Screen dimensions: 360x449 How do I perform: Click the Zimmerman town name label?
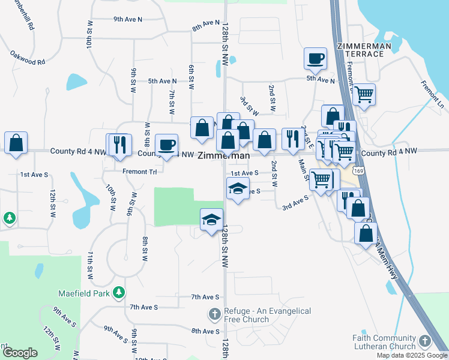pos(223,155)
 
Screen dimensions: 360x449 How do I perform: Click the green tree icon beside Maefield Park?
pos(119,292)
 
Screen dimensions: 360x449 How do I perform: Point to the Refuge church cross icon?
pos(215,313)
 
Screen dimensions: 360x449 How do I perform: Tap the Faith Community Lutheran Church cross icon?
pos(424,342)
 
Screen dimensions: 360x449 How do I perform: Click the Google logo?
pos(20,353)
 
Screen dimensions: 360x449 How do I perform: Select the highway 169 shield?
pos(358,171)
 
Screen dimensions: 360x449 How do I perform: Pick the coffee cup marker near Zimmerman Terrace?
pos(315,59)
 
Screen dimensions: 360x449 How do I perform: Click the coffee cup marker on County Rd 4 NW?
pos(166,145)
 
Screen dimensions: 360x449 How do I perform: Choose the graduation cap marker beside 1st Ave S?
pos(238,189)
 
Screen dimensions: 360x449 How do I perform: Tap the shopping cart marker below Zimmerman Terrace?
pos(364,94)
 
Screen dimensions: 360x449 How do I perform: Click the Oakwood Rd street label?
pos(28,58)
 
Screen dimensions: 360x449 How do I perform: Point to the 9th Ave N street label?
pos(128,19)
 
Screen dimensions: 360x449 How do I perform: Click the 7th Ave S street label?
pos(205,297)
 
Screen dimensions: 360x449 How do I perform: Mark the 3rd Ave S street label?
pos(295,206)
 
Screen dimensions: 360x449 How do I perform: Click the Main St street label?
pos(304,169)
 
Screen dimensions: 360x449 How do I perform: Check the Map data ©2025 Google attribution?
pos(412,355)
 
